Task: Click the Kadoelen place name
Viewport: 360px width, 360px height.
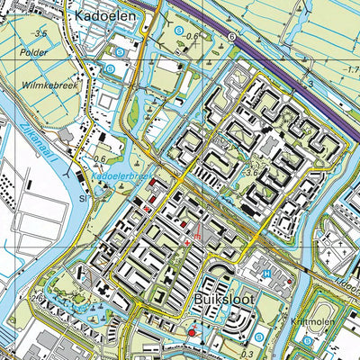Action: tap(105, 15)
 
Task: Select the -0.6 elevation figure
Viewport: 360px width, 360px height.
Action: tap(193, 35)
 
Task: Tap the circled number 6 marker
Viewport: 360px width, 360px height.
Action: tap(231, 37)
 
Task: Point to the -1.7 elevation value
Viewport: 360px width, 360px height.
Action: tap(349, 67)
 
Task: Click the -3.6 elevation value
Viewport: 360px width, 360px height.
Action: tap(256, 163)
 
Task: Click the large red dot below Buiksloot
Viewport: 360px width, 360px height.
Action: tap(191, 333)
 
